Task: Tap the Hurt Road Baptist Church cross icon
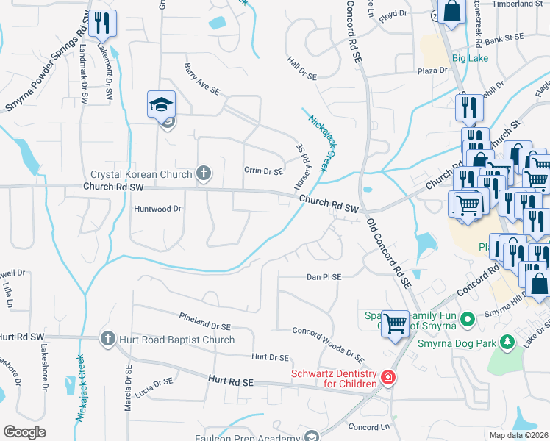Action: [x=107, y=339]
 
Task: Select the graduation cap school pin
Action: [x=161, y=104]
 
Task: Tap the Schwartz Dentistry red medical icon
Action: [x=387, y=379]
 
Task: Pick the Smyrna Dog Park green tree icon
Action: [x=506, y=342]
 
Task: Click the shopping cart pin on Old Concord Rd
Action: [x=396, y=323]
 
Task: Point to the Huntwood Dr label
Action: [x=157, y=209]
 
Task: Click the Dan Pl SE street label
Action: [x=324, y=277]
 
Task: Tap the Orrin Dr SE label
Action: [x=263, y=171]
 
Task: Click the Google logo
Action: [x=25, y=432]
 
